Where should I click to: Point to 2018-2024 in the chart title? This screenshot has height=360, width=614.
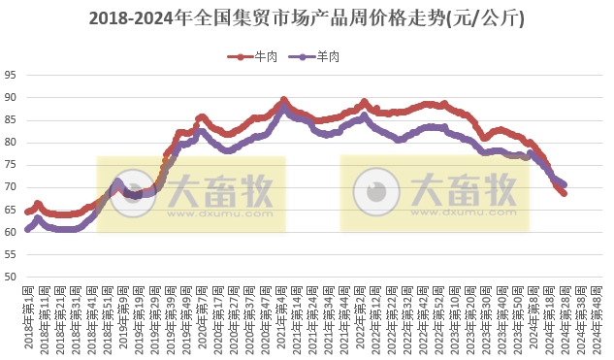click(133, 18)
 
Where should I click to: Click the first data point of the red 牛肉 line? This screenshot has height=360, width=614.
click(28, 212)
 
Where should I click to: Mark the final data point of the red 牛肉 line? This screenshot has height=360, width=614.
click(565, 194)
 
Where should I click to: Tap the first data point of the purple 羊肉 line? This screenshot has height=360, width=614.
click(28, 230)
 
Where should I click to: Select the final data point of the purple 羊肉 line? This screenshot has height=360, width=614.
click(565, 184)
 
